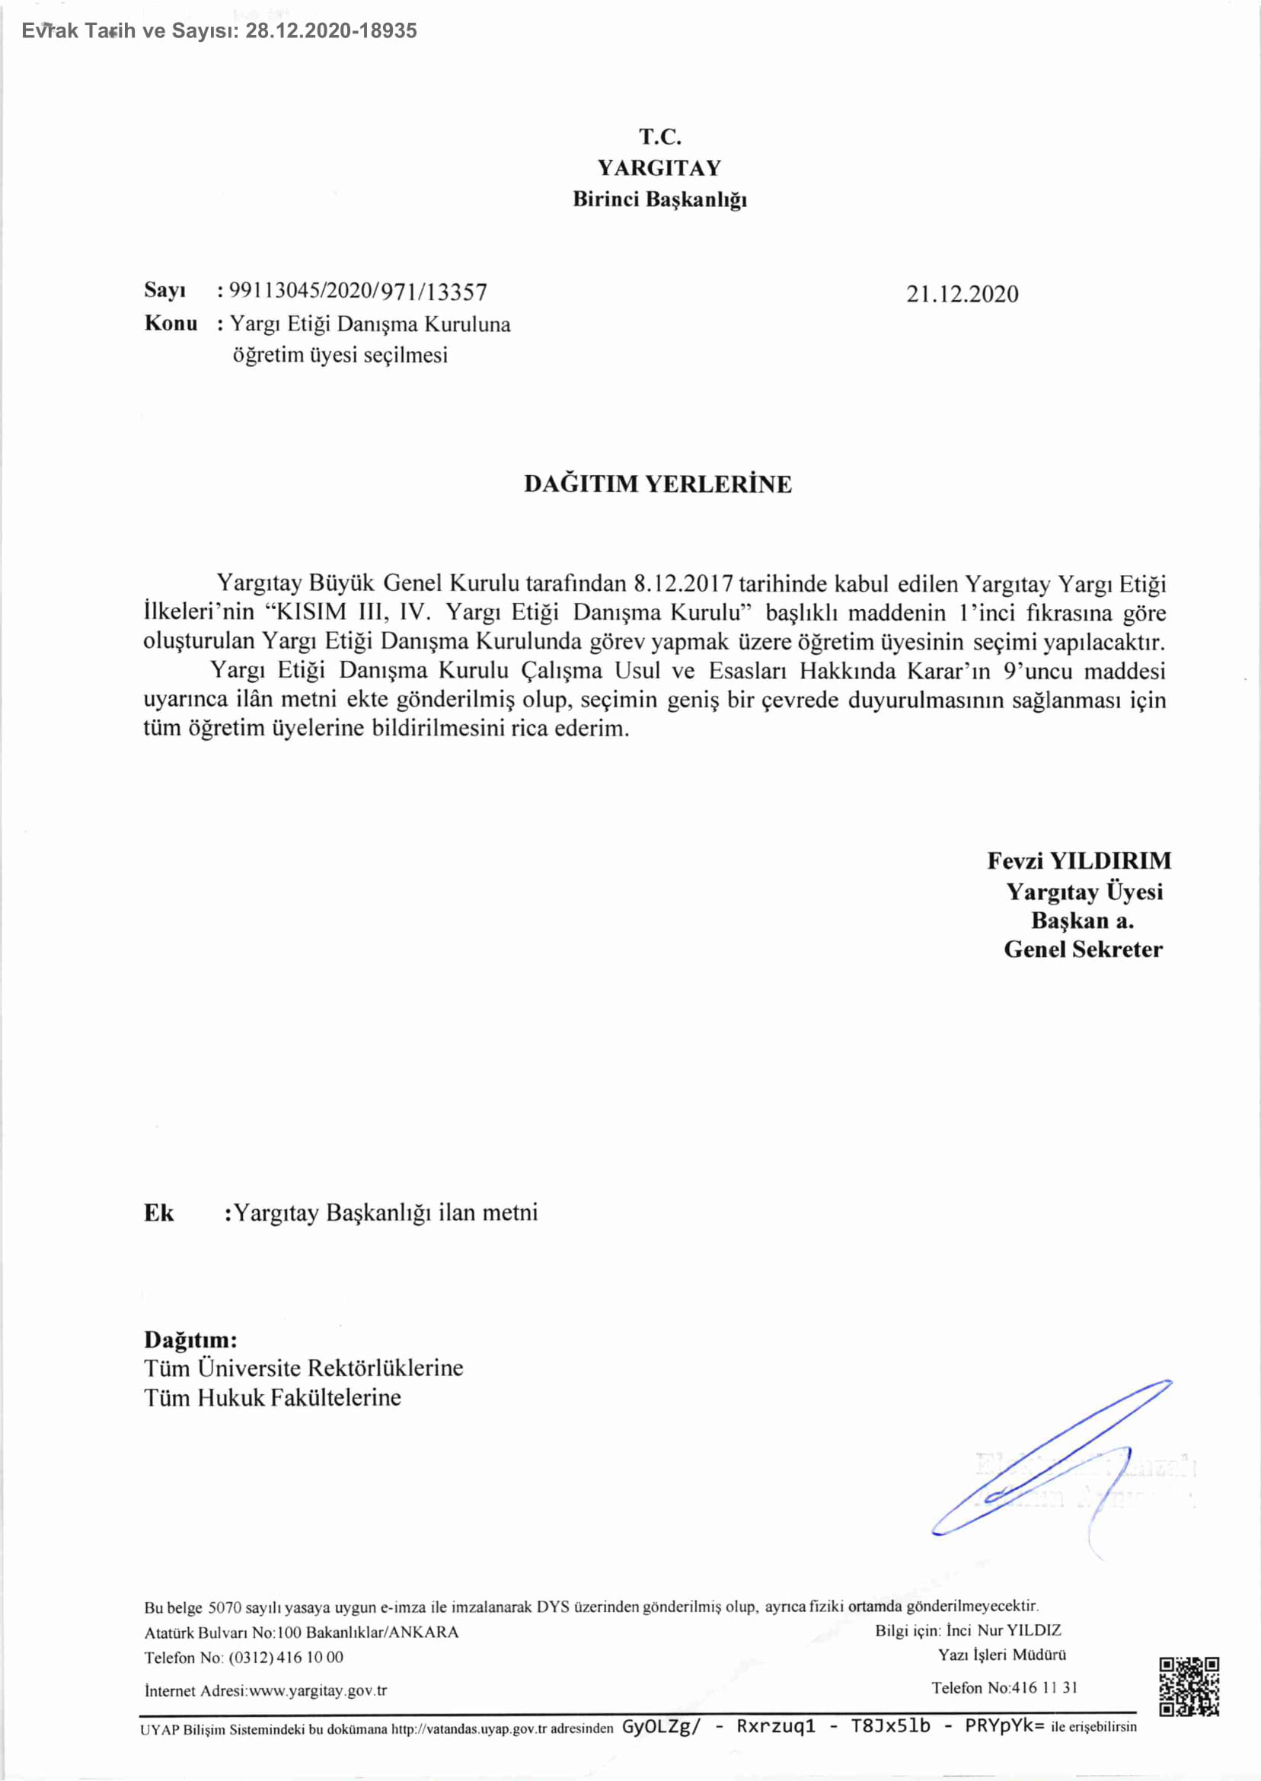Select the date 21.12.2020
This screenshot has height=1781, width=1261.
point(962,293)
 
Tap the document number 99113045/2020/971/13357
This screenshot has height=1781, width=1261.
point(359,292)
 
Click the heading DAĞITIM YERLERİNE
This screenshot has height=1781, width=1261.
point(658,484)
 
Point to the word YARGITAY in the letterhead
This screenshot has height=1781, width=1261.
point(659,168)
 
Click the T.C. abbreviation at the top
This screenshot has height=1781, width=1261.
point(660,137)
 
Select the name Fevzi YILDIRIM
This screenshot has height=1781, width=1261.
point(1079,860)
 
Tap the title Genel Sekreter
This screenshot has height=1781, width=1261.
point(1083,949)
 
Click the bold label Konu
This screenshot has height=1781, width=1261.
point(171,323)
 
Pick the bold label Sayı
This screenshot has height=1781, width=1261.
point(164,290)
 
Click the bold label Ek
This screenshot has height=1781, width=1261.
point(159,1213)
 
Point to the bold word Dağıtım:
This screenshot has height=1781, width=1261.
point(190,1339)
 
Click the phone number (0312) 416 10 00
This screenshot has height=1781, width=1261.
point(286,1657)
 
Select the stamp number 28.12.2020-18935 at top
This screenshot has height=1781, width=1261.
point(331,31)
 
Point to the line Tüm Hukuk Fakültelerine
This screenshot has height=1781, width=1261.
point(273,1397)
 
